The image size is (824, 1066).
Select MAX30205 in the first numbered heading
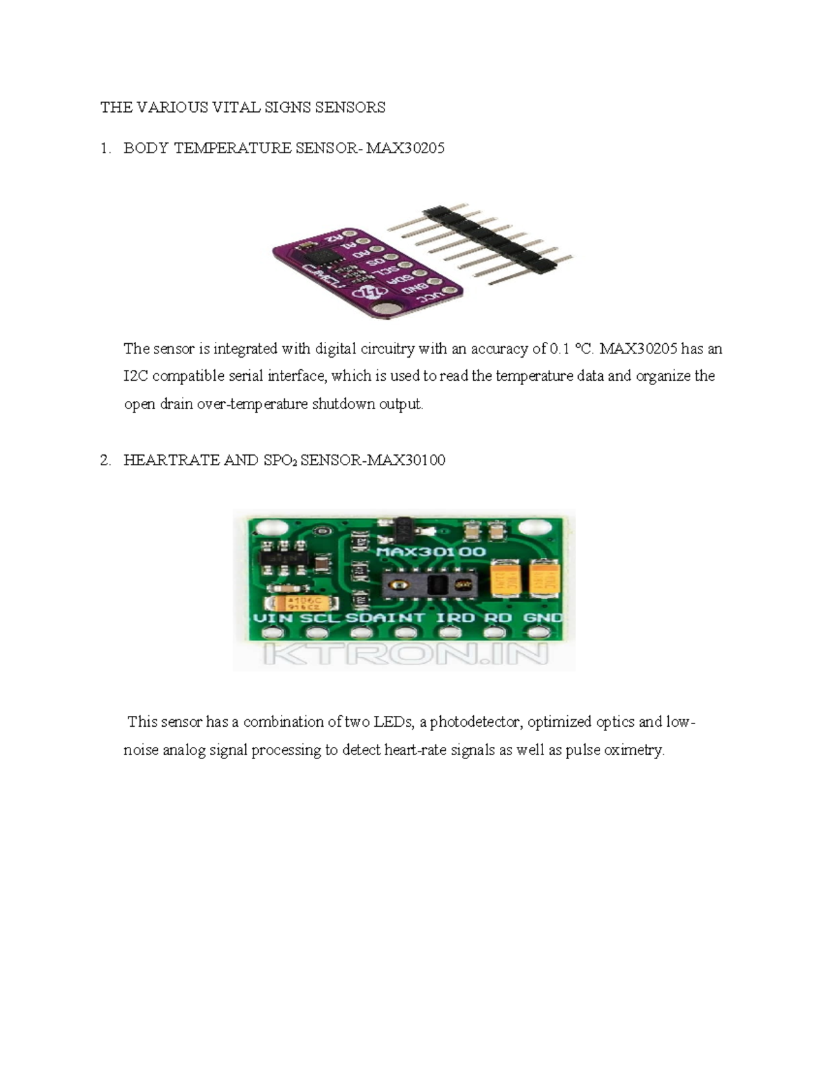pyautogui.click(x=405, y=148)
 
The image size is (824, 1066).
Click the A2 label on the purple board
pyautogui.click(x=334, y=237)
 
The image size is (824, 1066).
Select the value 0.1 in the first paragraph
pyautogui.click(x=560, y=349)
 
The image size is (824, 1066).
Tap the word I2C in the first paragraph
pyautogui.click(x=136, y=376)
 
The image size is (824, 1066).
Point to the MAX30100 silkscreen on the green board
pyautogui.click(x=431, y=551)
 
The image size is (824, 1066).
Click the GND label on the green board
pyautogui.click(x=542, y=617)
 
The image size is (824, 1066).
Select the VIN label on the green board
pyautogui.click(x=274, y=617)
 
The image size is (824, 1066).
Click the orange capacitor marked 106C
pyautogui.click(x=302, y=603)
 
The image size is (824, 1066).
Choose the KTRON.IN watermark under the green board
pyautogui.click(x=405, y=653)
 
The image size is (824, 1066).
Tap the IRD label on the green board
pyautogui.click(x=455, y=617)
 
